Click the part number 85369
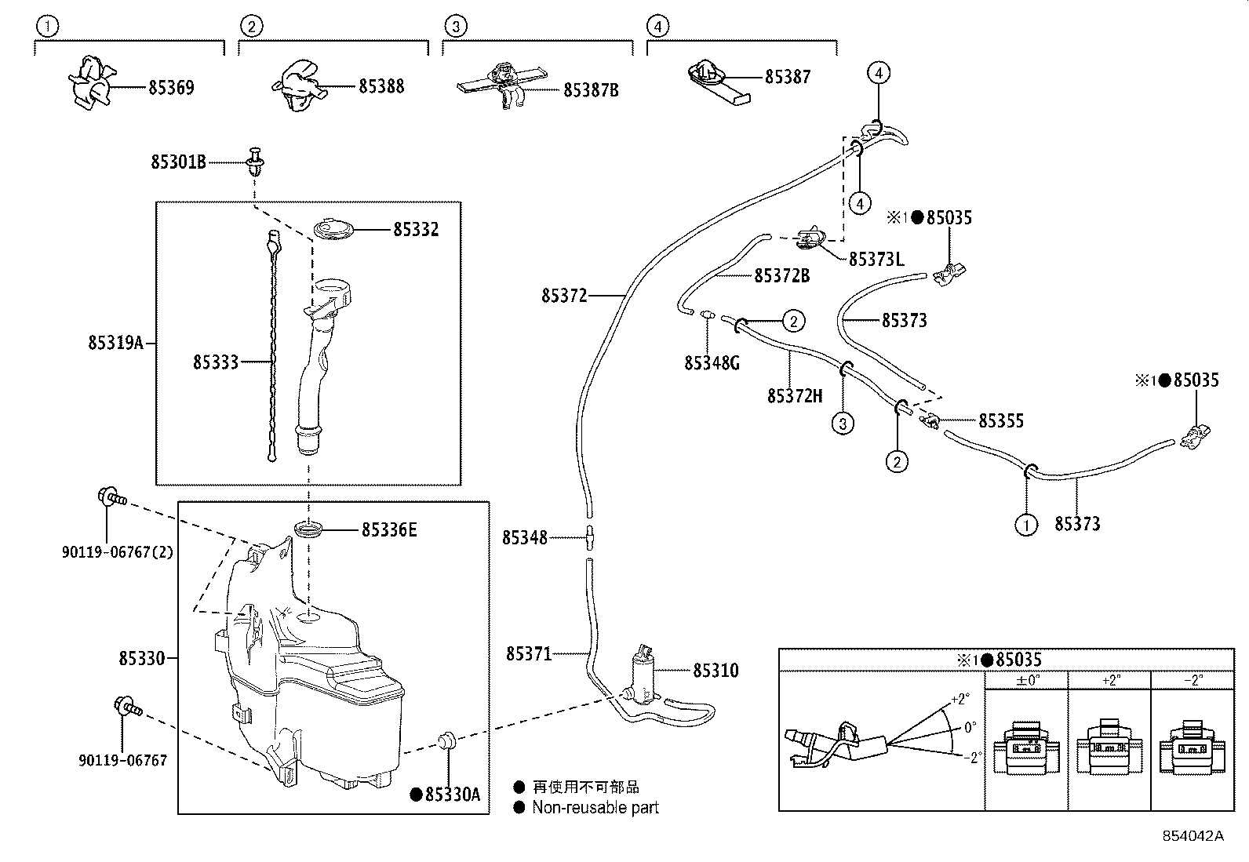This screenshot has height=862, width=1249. click(x=171, y=88)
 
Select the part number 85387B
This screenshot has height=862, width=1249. click(x=591, y=90)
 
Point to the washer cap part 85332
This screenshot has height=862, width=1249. click(x=334, y=230)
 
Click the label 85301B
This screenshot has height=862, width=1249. click(x=178, y=162)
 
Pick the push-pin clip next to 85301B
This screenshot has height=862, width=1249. click(x=256, y=161)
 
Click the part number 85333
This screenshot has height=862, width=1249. click(x=216, y=362)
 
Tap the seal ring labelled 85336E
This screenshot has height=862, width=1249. click(x=309, y=529)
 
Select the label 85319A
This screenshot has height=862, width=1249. click(x=116, y=342)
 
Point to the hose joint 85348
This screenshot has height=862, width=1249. click(x=590, y=537)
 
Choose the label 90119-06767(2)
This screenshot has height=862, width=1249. click(x=118, y=552)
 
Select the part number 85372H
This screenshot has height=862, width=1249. click(x=795, y=396)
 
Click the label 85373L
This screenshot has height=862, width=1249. click(x=876, y=260)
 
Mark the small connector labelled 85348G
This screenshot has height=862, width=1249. click(x=707, y=315)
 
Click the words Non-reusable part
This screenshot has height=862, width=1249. click(x=595, y=807)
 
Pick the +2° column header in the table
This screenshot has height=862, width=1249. click(x=1110, y=680)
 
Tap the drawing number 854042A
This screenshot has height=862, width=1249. click(x=1193, y=836)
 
